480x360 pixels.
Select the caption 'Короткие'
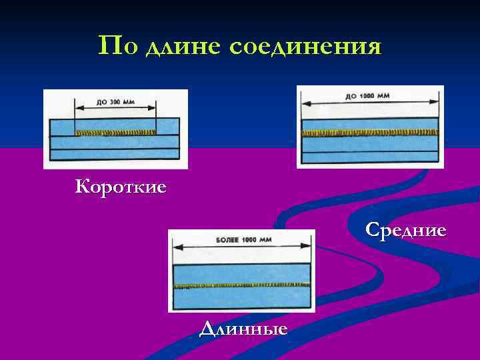pyautogui.click(x=121, y=186)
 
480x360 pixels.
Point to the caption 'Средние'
pyautogui.click(x=405, y=230)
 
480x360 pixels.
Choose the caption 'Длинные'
pyautogui.click(x=243, y=328)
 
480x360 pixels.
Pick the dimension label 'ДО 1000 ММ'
pyautogui.click(x=367, y=96)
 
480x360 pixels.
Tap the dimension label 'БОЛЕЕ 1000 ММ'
pyautogui.click(x=241, y=239)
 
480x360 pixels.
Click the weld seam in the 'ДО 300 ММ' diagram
pyautogui.click(x=115, y=133)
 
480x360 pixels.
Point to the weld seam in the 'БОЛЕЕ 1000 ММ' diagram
pyautogui.click(x=241, y=285)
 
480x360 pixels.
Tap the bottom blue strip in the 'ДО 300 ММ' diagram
pyautogui.click(x=115, y=153)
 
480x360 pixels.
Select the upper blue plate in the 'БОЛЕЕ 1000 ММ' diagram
pyautogui.click(x=241, y=272)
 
